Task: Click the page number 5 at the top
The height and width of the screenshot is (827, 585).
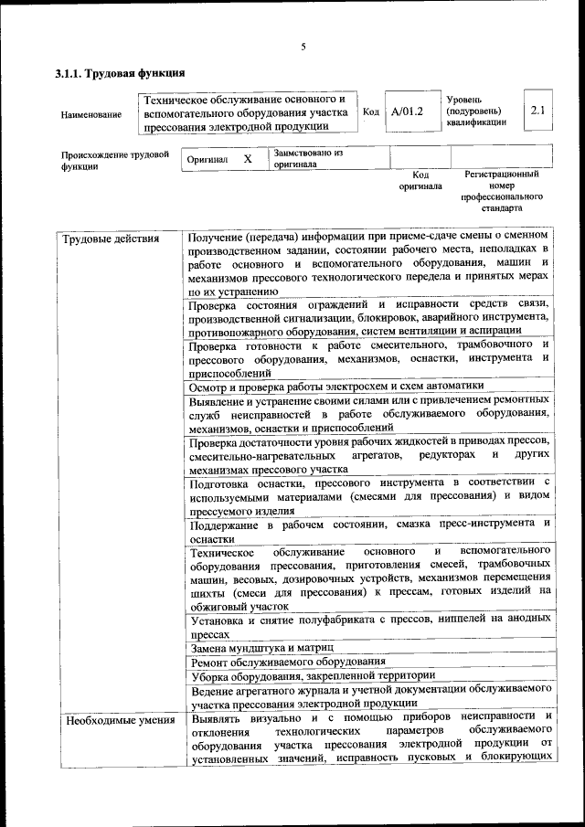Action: click(303, 46)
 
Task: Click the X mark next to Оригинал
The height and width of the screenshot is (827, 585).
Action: click(247, 159)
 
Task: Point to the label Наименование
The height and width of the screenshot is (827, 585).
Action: click(90, 114)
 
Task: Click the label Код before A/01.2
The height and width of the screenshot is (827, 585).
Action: click(371, 112)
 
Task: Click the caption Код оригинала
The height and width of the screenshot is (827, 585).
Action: click(420, 179)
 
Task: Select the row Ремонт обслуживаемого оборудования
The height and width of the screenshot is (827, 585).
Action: click(287, 661)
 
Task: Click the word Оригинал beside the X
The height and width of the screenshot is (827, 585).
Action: click(207, 160)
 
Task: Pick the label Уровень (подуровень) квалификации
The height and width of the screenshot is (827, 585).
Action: click(476, 111)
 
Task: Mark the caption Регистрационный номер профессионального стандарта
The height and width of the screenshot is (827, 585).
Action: click(502, 190)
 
